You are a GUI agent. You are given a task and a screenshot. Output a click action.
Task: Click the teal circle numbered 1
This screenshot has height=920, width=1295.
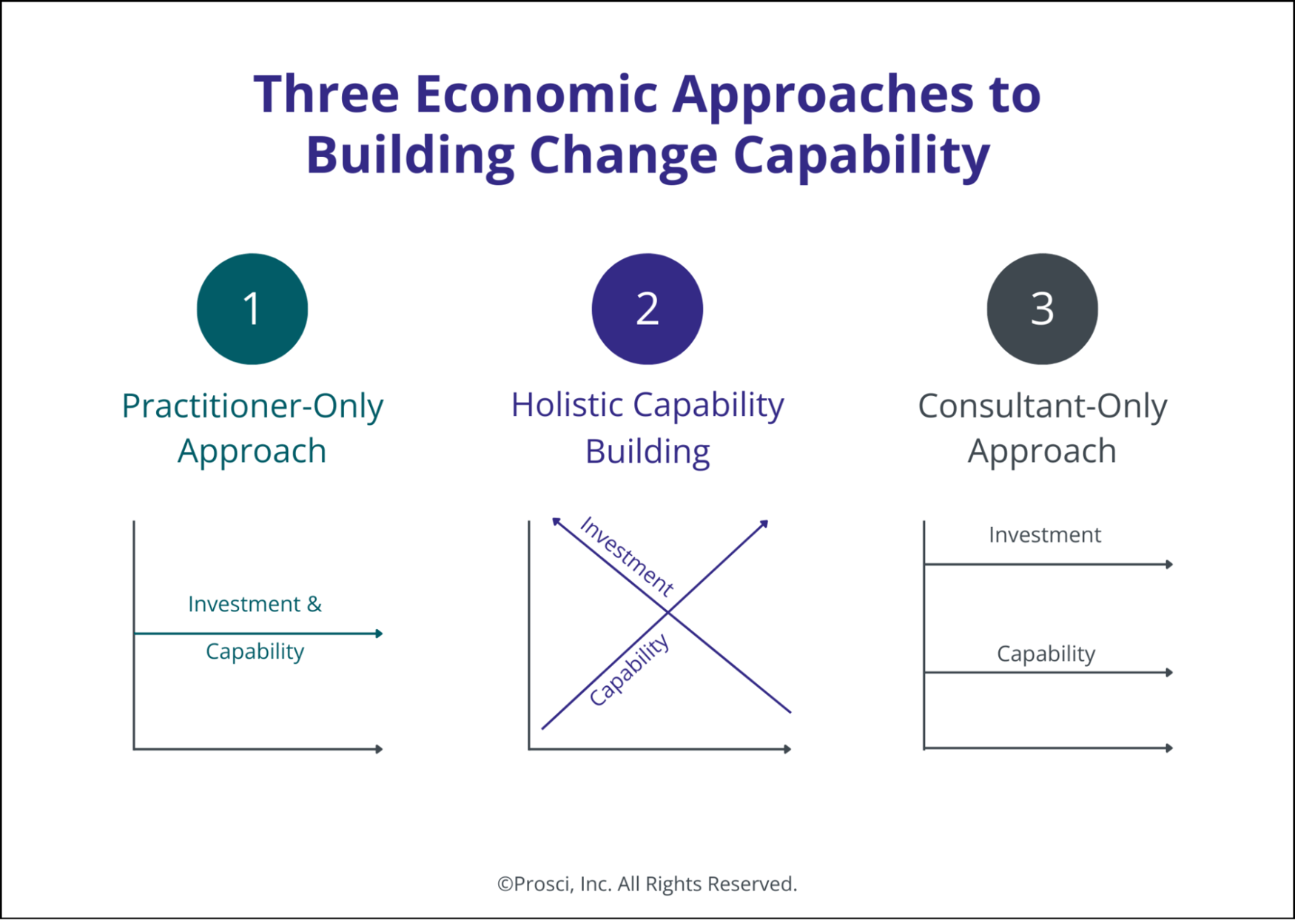pyautogui.click(x=252, y=309)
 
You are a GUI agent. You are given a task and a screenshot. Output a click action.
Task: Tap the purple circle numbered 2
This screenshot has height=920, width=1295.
pyautogui.click(x=647, y=309)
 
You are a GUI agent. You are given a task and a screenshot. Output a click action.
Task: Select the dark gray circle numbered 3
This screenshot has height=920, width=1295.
pyautogui.click(x=1042, y=309)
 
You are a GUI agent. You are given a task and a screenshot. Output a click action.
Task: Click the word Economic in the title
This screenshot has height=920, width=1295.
pyautogui.click(x=536, y=94)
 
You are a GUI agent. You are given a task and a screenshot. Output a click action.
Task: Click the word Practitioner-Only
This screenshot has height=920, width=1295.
pyautogui.click(x=252, y=406)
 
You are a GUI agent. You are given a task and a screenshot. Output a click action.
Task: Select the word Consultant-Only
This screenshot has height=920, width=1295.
pyautogui.click(x=1042, y=406)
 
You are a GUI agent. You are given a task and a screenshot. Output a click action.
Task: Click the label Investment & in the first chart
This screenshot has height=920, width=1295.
pyautogui.click(x=255, y=604)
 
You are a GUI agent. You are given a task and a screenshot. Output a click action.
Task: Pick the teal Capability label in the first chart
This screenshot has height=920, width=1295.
pyautogui.click(x=255, y=651)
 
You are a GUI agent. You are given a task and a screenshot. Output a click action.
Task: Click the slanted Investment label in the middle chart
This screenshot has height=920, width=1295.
pyautogui.click(x=627, y=556)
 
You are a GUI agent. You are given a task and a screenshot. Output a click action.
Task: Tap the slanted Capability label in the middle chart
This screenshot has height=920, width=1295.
pyautogui.click(x=629, y=671)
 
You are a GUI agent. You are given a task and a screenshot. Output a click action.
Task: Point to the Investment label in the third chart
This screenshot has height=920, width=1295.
pyautogui.click(x=1044, y=534)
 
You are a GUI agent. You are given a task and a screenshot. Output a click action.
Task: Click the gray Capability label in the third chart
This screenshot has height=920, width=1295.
pyautogui.click(x=1046, y=654)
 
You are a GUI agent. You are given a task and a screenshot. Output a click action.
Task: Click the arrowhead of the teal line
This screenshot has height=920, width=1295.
pyautogui.click(x=380, y=634)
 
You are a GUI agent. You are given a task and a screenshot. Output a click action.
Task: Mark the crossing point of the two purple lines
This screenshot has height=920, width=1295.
pyautogui.click(x=668, y=612)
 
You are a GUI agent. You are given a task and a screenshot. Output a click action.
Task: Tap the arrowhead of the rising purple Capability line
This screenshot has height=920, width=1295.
pyautogui.click(x=764, y=523)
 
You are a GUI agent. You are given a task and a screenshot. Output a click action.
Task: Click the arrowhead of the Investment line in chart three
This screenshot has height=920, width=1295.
pyautogui.click(x=1170, y=565)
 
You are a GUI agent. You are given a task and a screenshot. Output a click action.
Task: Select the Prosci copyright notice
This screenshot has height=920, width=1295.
pyautogui.click(x=647, y=884)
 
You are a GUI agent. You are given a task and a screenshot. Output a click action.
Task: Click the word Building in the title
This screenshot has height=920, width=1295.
pyautogui.click(x=410, y=155)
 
